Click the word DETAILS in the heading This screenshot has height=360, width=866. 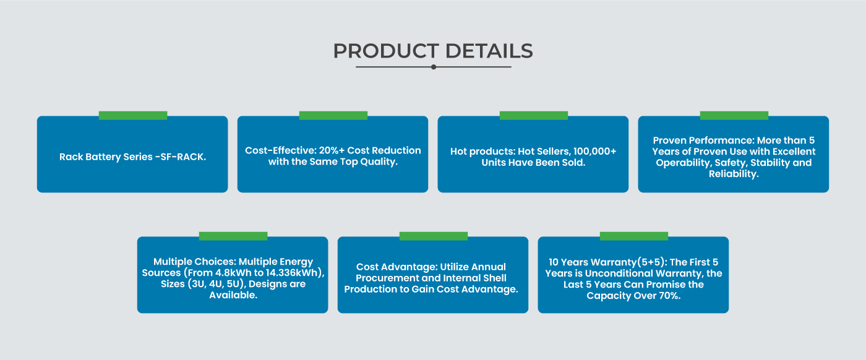pyautogui.click(x=489, y=51)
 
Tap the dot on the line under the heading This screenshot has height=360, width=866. pyautogui.click(x=434, y=67)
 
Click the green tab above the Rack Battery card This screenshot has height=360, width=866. pyautogui.click(x=133, y=115)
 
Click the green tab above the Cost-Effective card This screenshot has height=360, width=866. pyautogui.click(x=333, y=115)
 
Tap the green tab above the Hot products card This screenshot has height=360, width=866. pyautogui.click(x=533, y=115)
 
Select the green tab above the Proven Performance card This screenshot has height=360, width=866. pyautogui.click(x=734, y=115)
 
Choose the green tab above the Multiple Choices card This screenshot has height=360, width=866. pyautogui.click(x=233, y=236)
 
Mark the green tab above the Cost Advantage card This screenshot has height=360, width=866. pyautogui.click(x=434, y=236)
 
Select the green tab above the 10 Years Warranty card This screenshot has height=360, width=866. pyautogui.click(x=633, y=236)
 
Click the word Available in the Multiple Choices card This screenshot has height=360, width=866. pyautogui.click(x=232, y=295)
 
